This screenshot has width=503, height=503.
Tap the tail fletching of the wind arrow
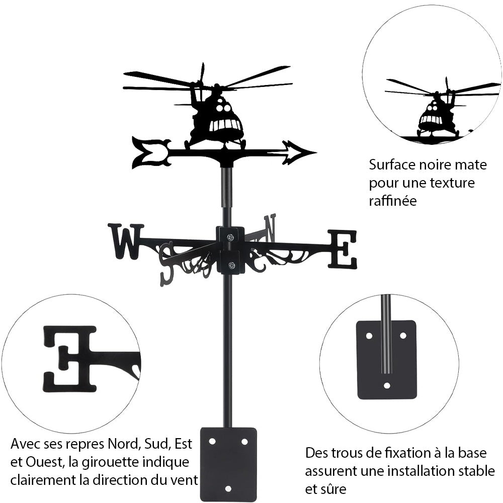click(x=149, y=152)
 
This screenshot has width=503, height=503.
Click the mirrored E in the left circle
click(x=70, y=358)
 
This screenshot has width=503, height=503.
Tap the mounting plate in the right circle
click(x=386, y=360)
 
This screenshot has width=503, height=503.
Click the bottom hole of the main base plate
click(x=228, y=488)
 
